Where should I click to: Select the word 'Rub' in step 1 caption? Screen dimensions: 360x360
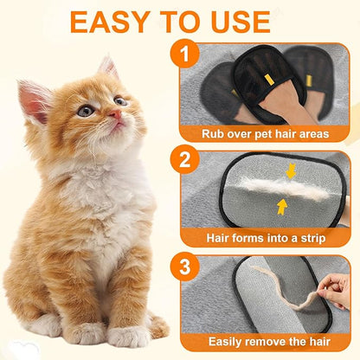213,133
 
